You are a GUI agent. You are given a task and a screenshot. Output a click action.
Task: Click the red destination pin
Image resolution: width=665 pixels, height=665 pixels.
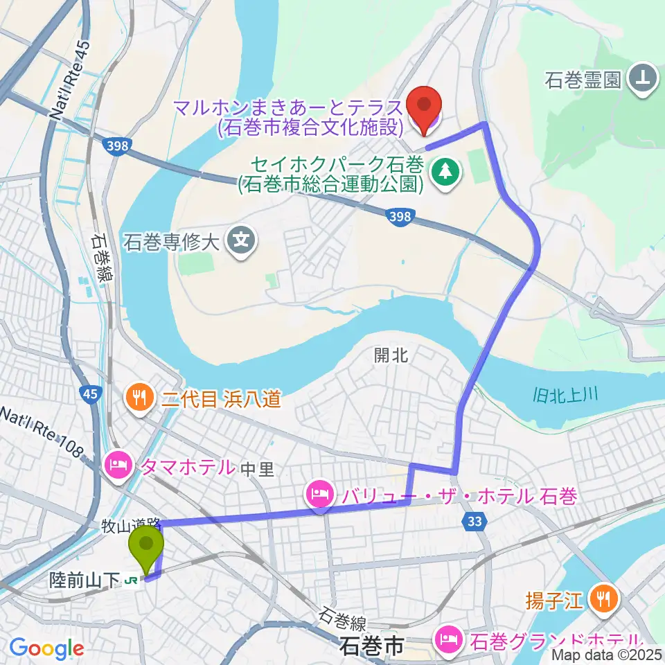pos(423,105)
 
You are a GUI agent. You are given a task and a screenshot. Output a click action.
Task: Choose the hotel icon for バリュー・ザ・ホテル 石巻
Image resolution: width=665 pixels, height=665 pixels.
pos(319,495)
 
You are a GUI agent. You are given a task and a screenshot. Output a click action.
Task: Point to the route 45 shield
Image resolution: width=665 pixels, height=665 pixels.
pos(91,394)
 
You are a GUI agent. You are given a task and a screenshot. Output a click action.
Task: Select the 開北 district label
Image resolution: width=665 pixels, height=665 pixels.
pos(391,355)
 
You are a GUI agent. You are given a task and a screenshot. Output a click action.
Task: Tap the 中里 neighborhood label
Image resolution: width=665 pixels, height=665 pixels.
pos(258,470)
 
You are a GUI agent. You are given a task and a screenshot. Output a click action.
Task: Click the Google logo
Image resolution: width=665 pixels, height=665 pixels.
pos(46,649)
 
